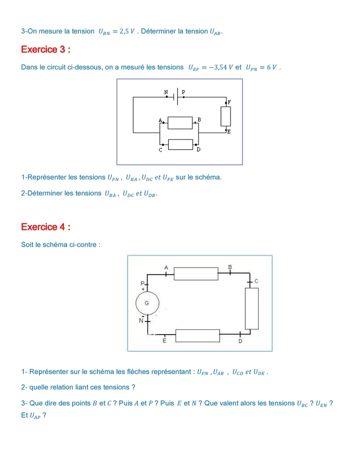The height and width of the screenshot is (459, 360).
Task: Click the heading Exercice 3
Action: tap(45, 49)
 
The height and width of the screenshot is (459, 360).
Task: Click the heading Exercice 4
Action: tap(45, 227)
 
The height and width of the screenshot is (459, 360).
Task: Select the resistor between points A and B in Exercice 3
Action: tap(180, 123)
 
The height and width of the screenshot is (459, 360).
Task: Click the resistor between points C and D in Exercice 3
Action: tap(180, 144)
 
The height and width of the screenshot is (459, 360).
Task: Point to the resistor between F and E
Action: tap(225, 116)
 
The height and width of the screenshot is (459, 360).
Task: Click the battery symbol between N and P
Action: tap(175, 96)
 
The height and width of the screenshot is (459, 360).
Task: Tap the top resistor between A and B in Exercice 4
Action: tap(196, 273)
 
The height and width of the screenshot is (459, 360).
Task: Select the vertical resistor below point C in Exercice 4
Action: tap(251, 308)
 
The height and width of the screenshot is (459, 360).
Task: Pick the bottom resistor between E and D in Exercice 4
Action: tap(197, 336)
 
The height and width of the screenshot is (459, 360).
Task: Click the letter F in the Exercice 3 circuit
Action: tap(229, 102)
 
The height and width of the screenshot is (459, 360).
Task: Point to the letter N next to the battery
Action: tap(166, 92)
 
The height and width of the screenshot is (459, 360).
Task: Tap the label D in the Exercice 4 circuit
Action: tap(240, 341)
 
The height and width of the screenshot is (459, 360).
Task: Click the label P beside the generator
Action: tap(142, 283)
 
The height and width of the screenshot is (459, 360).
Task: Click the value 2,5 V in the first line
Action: tap(127, 31)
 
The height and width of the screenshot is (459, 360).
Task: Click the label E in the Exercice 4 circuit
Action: tap(164, 340)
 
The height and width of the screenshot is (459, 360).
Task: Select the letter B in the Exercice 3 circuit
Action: tap(199, 119)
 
